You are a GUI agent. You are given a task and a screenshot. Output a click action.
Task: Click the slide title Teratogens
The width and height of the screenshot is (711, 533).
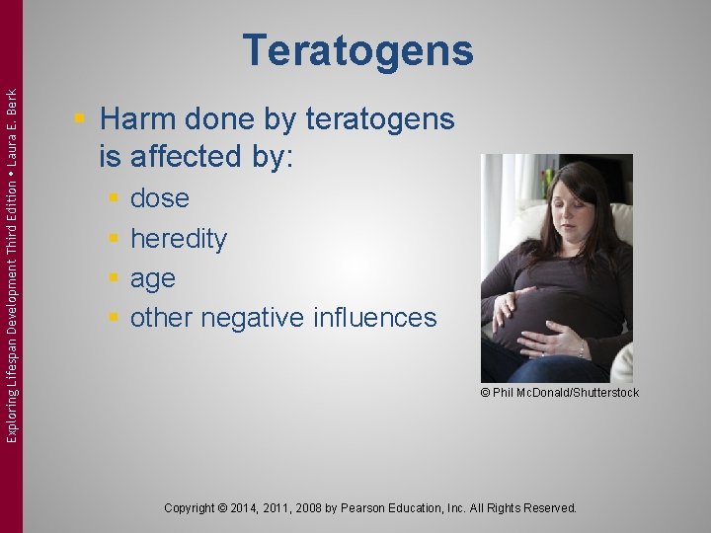(357, 50)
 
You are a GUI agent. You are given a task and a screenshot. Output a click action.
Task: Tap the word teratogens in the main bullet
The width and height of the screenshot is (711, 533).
(380, 120)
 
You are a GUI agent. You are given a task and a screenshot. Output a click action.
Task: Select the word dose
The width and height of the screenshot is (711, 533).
(160, 198)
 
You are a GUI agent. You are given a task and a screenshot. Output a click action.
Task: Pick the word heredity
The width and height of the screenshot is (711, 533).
(179, 239)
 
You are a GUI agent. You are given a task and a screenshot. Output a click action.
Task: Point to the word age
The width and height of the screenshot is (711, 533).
(153, 279)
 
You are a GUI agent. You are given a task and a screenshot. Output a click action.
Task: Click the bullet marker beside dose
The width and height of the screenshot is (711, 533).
(114, 199)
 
